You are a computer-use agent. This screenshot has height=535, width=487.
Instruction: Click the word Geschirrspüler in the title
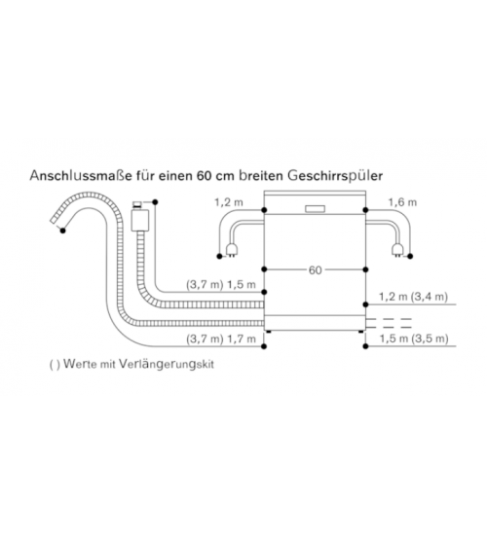click(335, 176)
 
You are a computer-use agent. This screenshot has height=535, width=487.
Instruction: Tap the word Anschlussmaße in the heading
click(81, 176)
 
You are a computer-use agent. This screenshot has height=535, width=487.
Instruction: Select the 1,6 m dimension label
click(402, 202)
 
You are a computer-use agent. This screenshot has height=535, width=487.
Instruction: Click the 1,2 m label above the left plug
click(229, 202)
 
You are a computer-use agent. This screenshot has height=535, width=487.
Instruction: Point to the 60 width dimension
click(316, 270)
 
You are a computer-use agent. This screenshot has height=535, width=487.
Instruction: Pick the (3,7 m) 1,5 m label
click(221, 285)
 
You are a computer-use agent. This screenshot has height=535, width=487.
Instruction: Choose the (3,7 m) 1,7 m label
click(221, 339)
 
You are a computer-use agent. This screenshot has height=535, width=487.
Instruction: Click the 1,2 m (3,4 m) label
click(414, 297)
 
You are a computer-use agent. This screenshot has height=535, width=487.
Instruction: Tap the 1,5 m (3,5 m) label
click(414, 339)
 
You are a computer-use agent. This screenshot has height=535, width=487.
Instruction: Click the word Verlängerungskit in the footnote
click(167, 365)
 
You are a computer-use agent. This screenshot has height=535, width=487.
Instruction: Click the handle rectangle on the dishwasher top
click(316, 209)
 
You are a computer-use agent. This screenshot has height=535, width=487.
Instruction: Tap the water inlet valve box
click(140, 221)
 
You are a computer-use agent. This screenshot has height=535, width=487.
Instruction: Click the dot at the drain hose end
click(62, 231)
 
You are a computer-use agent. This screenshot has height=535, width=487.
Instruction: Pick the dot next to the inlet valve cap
click(155, 202)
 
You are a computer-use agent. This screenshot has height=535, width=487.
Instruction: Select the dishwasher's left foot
click(269, 332)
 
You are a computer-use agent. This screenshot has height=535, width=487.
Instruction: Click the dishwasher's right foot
click(361, 332)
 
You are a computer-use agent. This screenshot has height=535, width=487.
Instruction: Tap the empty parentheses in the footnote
click(55, 365)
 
